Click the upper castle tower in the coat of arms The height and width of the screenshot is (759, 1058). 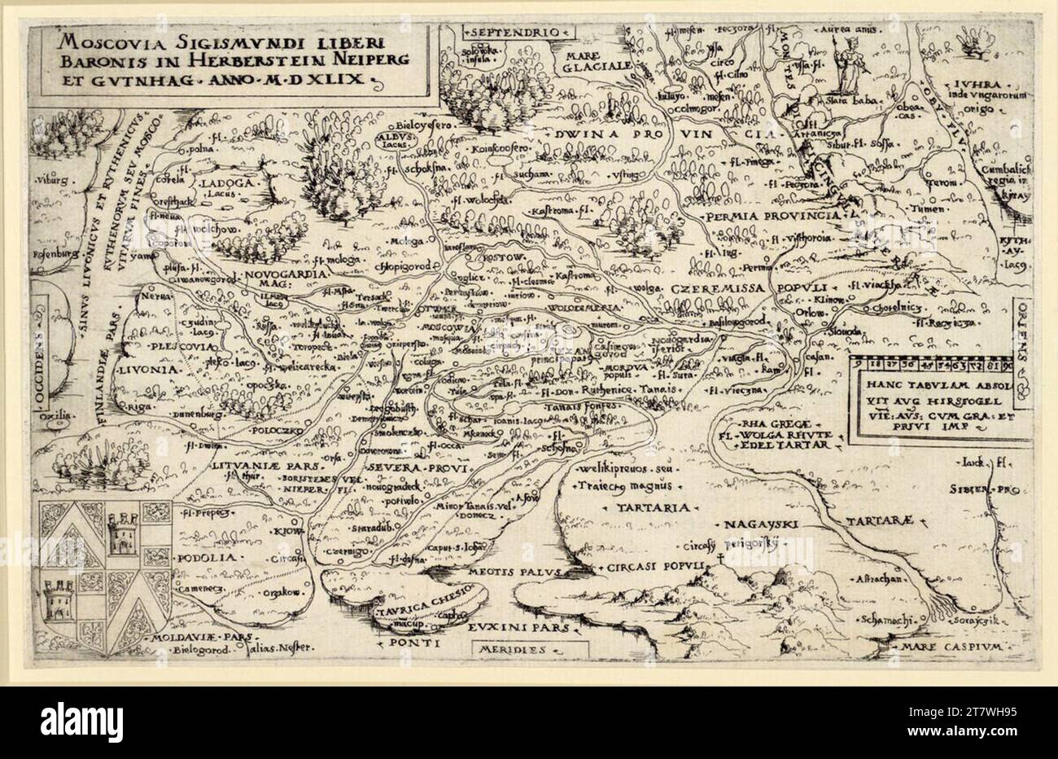pyautogui.click(x=120, y=531)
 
